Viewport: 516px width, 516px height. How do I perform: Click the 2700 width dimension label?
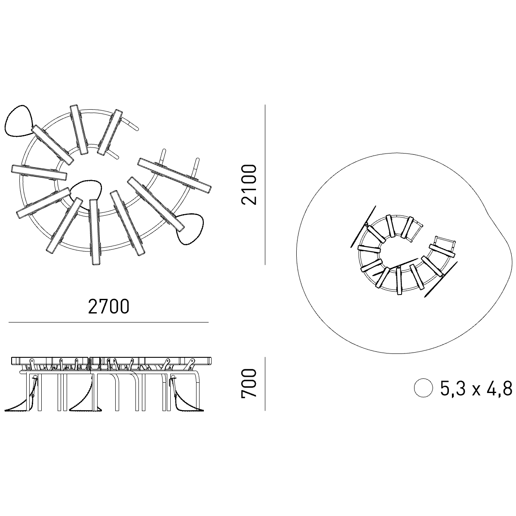tap(108, 307)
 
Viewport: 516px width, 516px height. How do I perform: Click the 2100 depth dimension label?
tap(249, 184)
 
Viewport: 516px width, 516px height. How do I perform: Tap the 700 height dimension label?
tap(249, 384)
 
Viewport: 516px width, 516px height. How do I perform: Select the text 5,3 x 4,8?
tap(476, 389)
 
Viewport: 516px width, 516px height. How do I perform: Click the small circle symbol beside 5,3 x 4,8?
tap(424, 387)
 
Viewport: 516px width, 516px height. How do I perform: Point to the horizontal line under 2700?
tap(108, 322)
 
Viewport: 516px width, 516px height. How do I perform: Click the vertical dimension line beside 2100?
tap(265, 184)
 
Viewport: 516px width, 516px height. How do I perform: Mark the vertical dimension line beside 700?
tap(265, 384)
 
